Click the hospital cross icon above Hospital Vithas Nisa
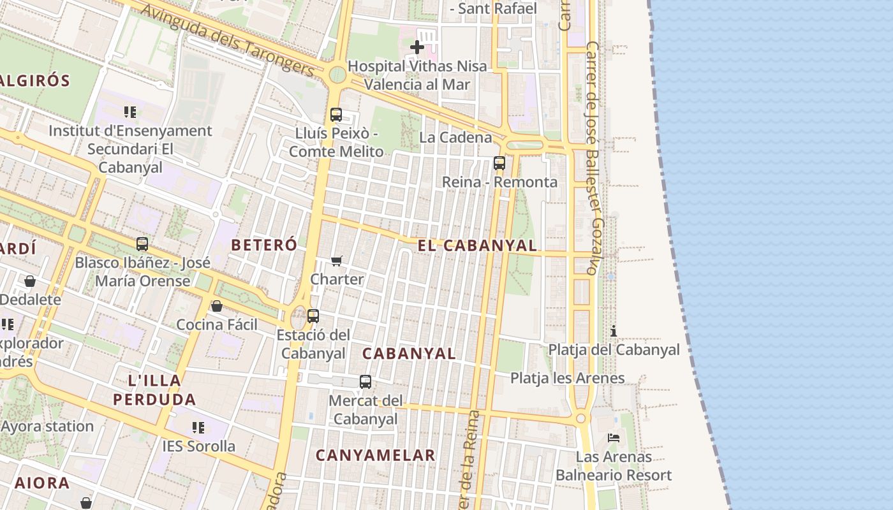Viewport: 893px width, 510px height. coord(417,47)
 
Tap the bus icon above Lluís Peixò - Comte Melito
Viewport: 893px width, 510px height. coord(336,115)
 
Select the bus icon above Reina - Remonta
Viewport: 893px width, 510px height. coord(499,163)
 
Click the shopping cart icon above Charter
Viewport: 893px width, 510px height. coord(337,261)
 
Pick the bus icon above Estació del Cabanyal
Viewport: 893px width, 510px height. coord(313,316)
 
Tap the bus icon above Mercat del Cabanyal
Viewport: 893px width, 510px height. coord(365,382)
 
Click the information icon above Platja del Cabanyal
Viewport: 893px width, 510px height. coord(614,331)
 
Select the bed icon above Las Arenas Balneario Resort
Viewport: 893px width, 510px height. coord(614,438)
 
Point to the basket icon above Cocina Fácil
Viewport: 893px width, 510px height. coord(217,306)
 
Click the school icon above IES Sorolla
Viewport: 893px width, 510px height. coord(198,427)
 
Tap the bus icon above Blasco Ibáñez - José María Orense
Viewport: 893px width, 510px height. coord(142,244)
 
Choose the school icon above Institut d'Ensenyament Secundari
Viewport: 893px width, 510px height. coord(130,112)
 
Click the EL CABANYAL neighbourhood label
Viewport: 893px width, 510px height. coord(477,245)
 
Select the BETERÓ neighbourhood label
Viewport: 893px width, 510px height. coord(264,245)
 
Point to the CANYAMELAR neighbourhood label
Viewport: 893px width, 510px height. coord(375,455)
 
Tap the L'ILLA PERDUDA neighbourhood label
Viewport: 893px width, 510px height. coord(154,390)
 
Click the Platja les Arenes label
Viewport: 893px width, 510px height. coord(568,378)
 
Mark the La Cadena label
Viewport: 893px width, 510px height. coord(455,137)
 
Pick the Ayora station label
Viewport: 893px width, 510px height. coord(47,426)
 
